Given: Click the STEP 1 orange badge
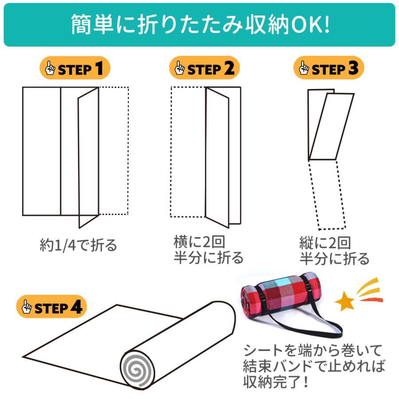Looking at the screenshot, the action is (75, 68).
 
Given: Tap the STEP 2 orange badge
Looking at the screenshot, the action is (204, 68).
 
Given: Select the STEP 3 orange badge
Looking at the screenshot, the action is (329, 68).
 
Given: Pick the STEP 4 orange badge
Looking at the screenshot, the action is (51, 307).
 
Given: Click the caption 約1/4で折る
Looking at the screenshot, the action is (78, 245).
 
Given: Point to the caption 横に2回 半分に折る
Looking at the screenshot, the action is (208, 250).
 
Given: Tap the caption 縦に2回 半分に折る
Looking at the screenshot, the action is (334, 250).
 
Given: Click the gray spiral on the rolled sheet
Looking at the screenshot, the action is (138, 370).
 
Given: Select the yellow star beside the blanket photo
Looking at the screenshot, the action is (345, 301).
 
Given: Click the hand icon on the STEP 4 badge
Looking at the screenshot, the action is (27, 306).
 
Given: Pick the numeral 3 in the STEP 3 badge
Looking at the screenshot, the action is (354, 68).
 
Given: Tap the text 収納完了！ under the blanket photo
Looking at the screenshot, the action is (276, 381).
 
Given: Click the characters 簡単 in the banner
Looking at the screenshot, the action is (92, 25).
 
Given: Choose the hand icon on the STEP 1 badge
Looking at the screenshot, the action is (50, 68).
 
